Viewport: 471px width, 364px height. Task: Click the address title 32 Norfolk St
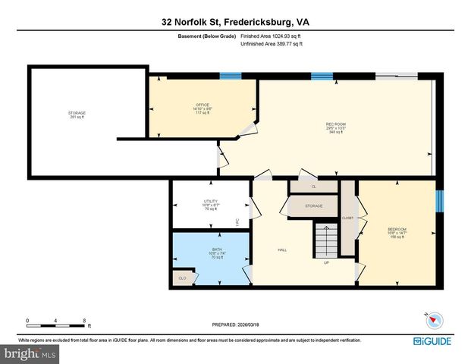pyautogui.click(x=235, y=22)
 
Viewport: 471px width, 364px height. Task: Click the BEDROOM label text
pyautogui.click(x=397, y=230)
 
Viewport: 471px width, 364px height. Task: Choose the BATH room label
pyautogui.click(x=196, y=255)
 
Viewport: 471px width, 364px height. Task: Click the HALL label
pyautogui.click(x=281, y=250)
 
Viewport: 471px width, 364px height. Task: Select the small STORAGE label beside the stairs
pyautogui.click(x=314, y=206)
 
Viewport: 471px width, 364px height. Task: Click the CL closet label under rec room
pyautogui.click(x=313, y=186)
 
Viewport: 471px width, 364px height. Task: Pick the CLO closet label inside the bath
pyautogui.click(x=182, y=278)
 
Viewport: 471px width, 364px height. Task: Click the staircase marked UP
pyautogui.click(x=326, y=241)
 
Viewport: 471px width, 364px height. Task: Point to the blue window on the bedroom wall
pyautogui.click(x=439, y=201)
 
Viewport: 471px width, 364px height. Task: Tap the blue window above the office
pyautogui.click(x=231, y=76)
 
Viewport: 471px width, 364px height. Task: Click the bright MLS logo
pyautogui.click(x=28, y=353)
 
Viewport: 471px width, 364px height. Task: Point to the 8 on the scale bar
pyautogui.click(x=84, y=320)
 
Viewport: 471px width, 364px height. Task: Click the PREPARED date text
pyautogui.click(x=235, y=325)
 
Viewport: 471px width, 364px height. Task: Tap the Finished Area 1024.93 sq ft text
pyautogui.click(x=272, y=36)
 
